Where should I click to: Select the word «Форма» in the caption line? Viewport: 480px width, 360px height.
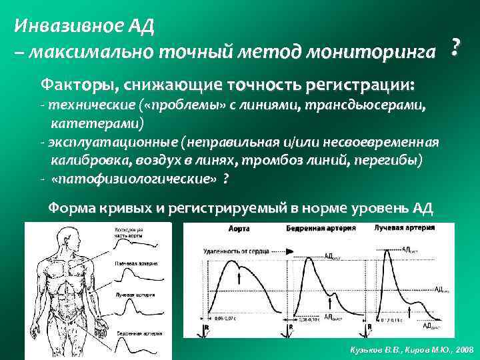69,208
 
